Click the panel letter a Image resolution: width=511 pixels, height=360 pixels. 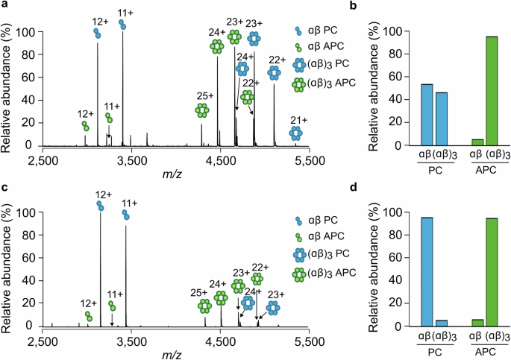(x=4, y=6)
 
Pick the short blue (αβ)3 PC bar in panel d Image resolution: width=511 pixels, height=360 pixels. (x=440, y=323)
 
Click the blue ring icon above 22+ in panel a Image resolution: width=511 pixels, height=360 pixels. (x=274, y=72)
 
